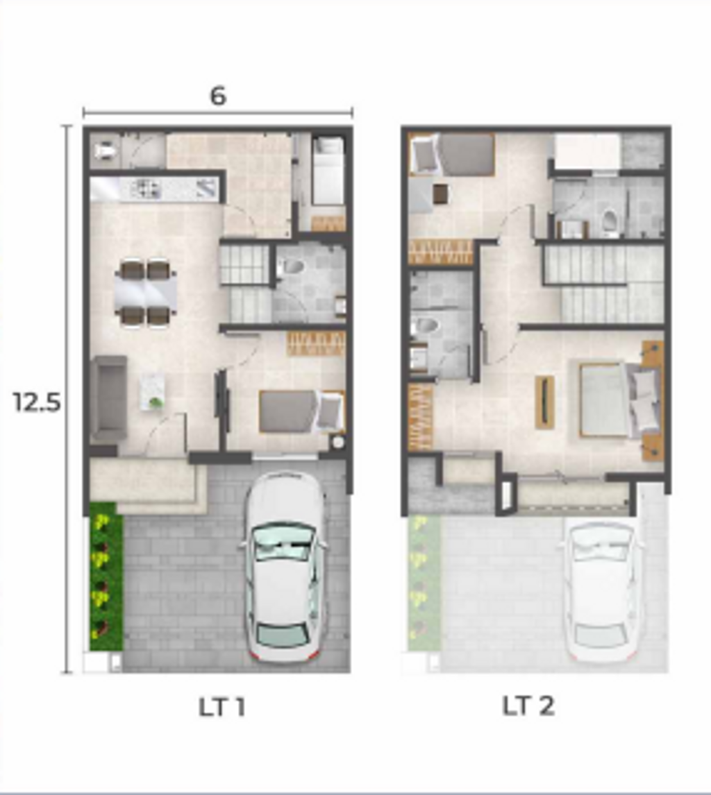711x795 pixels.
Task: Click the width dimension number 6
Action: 218,96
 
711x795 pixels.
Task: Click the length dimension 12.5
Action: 37,402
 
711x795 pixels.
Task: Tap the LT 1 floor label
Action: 222,707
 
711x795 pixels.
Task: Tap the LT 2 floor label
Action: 528,706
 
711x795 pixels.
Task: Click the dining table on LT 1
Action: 146,293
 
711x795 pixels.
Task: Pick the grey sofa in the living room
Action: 109,397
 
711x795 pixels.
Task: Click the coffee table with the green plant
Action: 152,391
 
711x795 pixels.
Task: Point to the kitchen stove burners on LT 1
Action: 147,189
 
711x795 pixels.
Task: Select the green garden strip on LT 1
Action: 106,576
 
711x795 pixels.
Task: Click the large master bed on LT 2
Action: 619,400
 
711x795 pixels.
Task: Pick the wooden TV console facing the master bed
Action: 544,402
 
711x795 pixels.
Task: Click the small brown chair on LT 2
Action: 440,194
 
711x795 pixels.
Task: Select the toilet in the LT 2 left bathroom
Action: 425,327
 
